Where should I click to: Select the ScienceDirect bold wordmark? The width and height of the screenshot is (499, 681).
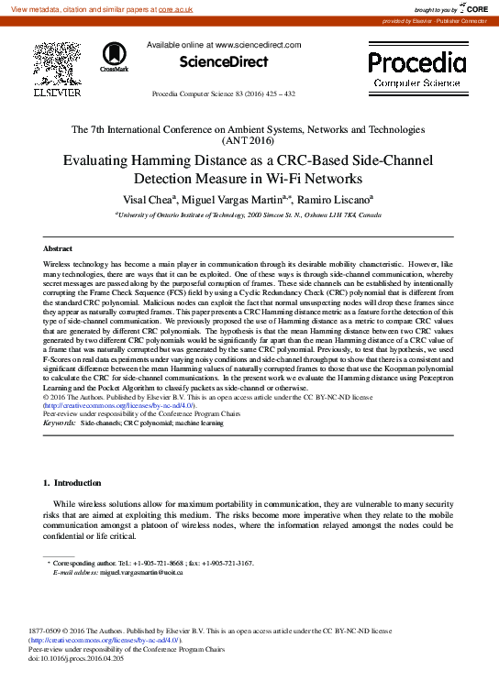pos(223,62)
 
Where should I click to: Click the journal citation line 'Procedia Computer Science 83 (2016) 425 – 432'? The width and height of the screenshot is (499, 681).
pos(223,94)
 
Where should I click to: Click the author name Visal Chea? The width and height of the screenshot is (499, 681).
pos(151,199)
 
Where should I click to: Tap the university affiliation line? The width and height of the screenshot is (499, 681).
pos(249,214)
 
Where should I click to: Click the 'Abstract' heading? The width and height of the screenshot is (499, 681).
pos(58,248)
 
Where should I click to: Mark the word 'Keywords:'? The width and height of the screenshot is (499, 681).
pos(60,423)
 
